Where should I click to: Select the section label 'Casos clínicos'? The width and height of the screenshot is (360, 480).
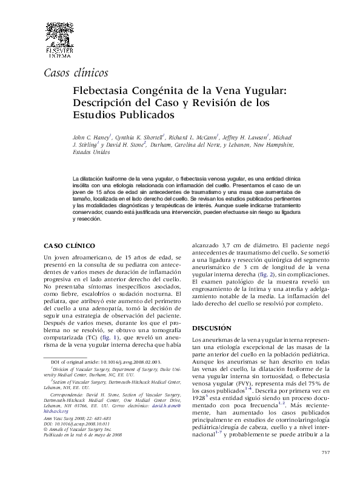coord(76,73)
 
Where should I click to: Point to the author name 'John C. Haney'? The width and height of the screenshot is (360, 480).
coord(92,138)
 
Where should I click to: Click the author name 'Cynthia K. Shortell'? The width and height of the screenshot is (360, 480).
coord(142,138)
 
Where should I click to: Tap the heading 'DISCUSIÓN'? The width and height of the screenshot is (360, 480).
coord(212,328)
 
